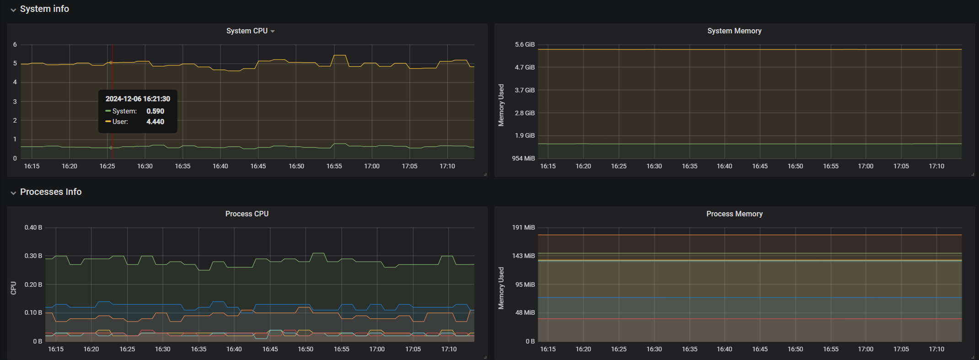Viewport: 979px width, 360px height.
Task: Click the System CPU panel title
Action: tap(247, 31)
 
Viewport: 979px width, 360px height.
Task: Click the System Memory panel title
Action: tap(734, 31)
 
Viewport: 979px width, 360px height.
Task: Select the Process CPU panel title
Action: tap(247, 214)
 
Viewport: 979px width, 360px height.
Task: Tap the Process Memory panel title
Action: tap(734, 214)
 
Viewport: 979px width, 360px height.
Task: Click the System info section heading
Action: tap(44, 9)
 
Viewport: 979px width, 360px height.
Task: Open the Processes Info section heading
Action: tap(51, 192)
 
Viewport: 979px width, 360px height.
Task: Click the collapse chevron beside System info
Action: tap(13, 10)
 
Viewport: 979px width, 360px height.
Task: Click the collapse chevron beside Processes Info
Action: tap(13, 193)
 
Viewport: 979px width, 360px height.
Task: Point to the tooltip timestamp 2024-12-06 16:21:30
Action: tap(138, 99)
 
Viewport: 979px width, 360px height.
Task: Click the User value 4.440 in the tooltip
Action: tap(155, 122)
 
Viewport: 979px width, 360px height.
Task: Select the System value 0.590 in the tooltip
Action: tap(155, 111)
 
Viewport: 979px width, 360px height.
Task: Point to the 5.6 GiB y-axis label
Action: tap(524, 45)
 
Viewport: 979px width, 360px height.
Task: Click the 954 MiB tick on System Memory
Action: tap(523, 158)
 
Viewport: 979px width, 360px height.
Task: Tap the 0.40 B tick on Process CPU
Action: tap(33, 228)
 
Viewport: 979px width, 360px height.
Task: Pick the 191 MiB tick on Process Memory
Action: tap(523, 228)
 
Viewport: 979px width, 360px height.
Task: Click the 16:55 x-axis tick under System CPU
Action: tap(334, 166)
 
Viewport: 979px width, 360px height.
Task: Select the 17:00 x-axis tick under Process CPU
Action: tap(377, 349)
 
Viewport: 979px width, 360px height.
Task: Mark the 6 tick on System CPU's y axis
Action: tap(15, 45)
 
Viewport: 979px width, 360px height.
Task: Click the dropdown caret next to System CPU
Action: tap(273, 32)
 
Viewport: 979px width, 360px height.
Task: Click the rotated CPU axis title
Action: tap(13, 288)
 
